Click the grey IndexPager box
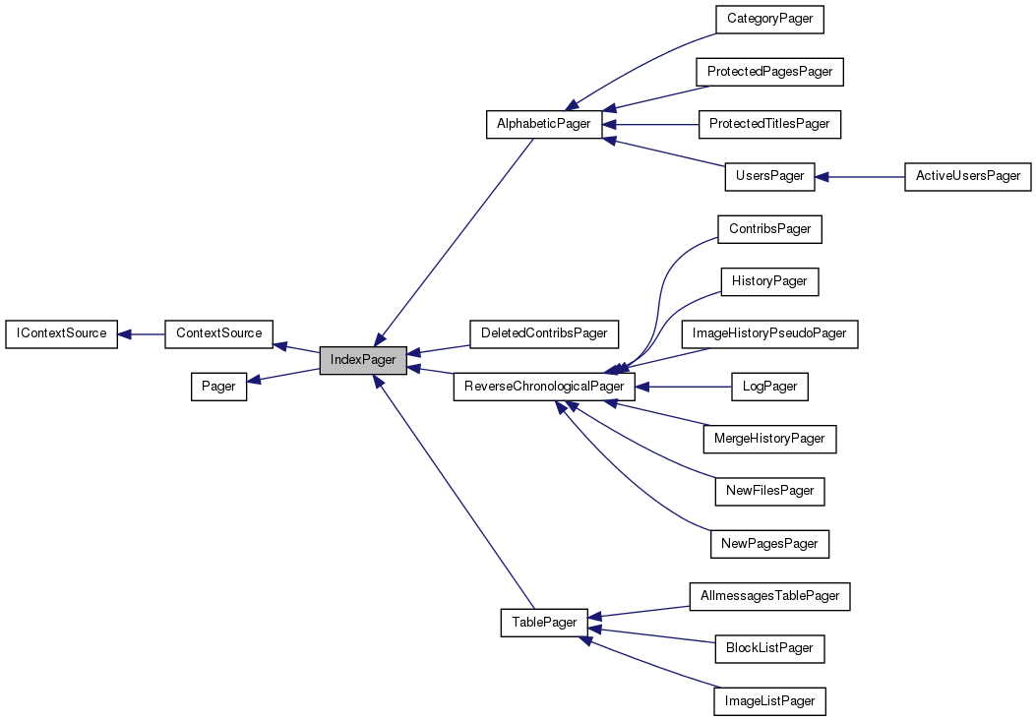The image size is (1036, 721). coord(363,360)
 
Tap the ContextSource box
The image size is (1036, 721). coord(218,333)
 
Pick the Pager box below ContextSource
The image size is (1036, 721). coord(218,387)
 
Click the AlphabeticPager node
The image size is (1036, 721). coord(544,124)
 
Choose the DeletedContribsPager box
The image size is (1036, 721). coord(544,333)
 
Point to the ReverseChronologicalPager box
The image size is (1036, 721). coord(544,387)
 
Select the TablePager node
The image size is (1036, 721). coord(544,623)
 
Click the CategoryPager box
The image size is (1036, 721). coord(769,19)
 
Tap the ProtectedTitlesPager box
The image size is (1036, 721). coord(769,124)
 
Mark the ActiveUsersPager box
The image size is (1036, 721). coord(968,176)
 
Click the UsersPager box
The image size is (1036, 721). coord(769,176)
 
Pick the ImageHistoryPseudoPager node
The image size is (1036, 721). coord(769,333)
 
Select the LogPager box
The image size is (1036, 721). coord(769,387)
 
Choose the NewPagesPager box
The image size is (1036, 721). coord(769,543)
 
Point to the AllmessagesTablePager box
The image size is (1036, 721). coord(769,596)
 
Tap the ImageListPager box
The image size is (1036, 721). coord(769,701)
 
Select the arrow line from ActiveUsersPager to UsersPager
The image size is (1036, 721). coord(866,177)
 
